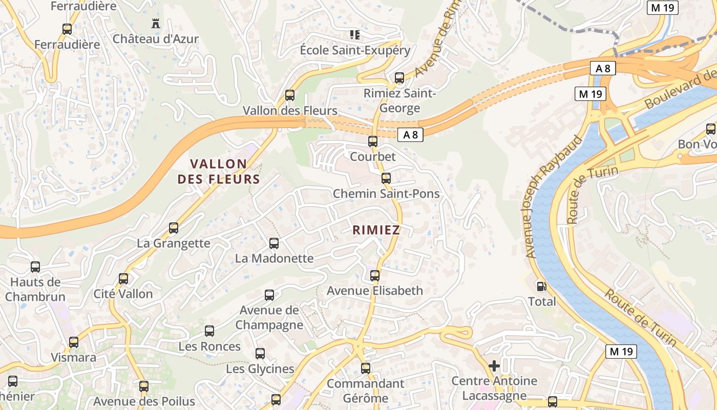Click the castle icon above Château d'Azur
[155, 23]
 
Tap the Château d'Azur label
[155, 38]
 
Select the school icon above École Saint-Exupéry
[354, 35]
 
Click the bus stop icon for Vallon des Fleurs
[290, 95]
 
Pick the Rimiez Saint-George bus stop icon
[399, 78]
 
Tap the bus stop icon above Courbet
[373, 141]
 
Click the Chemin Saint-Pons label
[386, 194]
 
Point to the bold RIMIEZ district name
[376, 230]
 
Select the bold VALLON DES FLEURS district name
[219, 172]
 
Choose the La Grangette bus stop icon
[174, 228]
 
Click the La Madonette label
[274, 258]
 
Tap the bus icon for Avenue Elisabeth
[375, 276]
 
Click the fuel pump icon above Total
[541, 286]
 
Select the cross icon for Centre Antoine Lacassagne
[494, 366]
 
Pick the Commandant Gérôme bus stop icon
[366, 368]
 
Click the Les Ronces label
[209, 346]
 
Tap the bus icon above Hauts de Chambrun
[35, 266]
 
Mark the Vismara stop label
[74, 357]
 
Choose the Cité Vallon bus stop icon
[123, 279]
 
